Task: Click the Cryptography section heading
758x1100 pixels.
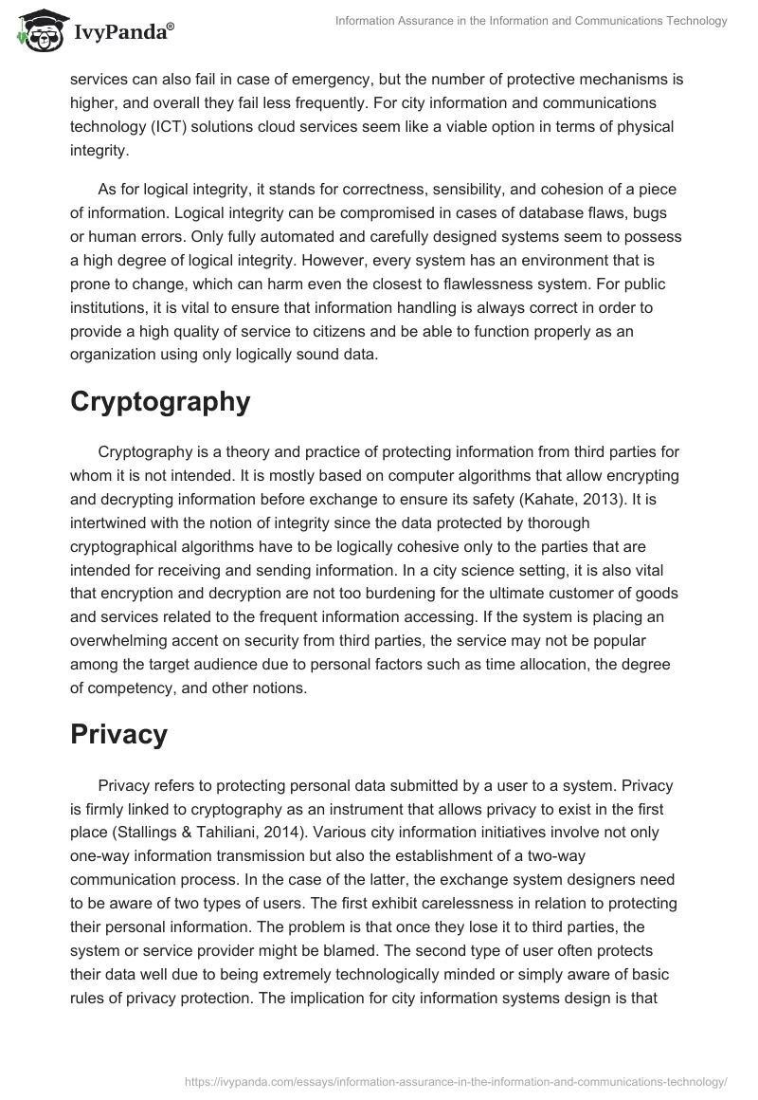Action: [x=160, y=401]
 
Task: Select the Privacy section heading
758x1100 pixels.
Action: [x=118, y=734]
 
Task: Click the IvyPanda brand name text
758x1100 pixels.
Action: [x=121, y=34]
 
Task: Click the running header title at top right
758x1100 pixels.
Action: [x=532, y=21]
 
